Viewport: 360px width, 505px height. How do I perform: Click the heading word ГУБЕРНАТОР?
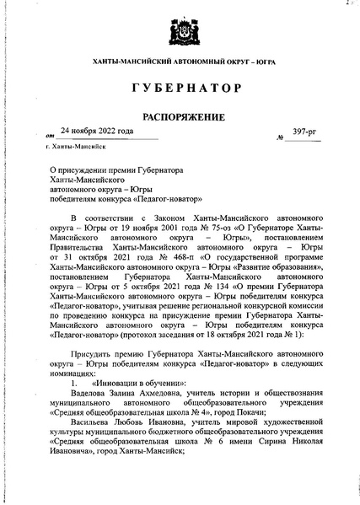(x=179, y=88)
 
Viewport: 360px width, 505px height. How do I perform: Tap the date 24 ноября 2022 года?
(x=97, y=131)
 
